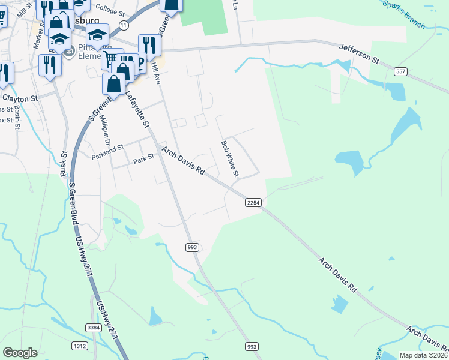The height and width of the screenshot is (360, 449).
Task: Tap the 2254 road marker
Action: [x=253, y=203]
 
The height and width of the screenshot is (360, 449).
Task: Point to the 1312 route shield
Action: [x=79, y=346]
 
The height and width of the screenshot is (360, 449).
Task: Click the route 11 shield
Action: [x=124, y=25]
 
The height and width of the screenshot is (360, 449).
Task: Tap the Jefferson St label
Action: [x=360, y=53]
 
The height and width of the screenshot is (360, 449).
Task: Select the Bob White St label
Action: [x=230, y=159]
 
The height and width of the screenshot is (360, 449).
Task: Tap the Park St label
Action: [x=143, y=160]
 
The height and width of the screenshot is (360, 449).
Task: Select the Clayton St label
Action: [x=20, y=97]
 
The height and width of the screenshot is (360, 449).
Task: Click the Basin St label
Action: [x=18, y=118]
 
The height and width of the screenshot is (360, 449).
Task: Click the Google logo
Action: [x=20, y=353]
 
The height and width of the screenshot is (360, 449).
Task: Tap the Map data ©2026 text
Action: [x=423, y=355]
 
